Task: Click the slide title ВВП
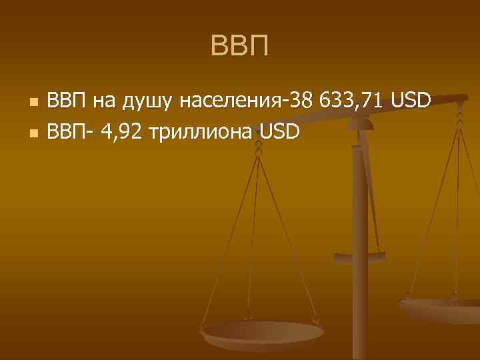tap(239, 47)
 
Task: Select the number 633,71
tap(349, 102)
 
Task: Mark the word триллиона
tap(203, 132)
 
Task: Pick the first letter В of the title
tap(219, 47)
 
